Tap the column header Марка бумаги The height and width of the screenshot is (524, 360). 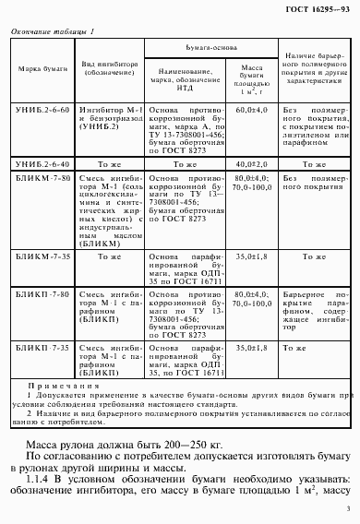pyautogui.click(x=37, y=69)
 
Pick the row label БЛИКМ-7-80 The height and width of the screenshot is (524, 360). pyautogui.click(x=38, y=176)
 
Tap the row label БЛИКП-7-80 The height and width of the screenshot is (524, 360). pyautogui.click(x=38, y=292)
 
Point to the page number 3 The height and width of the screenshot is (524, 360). pyautogui.click(x=346, y=508)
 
